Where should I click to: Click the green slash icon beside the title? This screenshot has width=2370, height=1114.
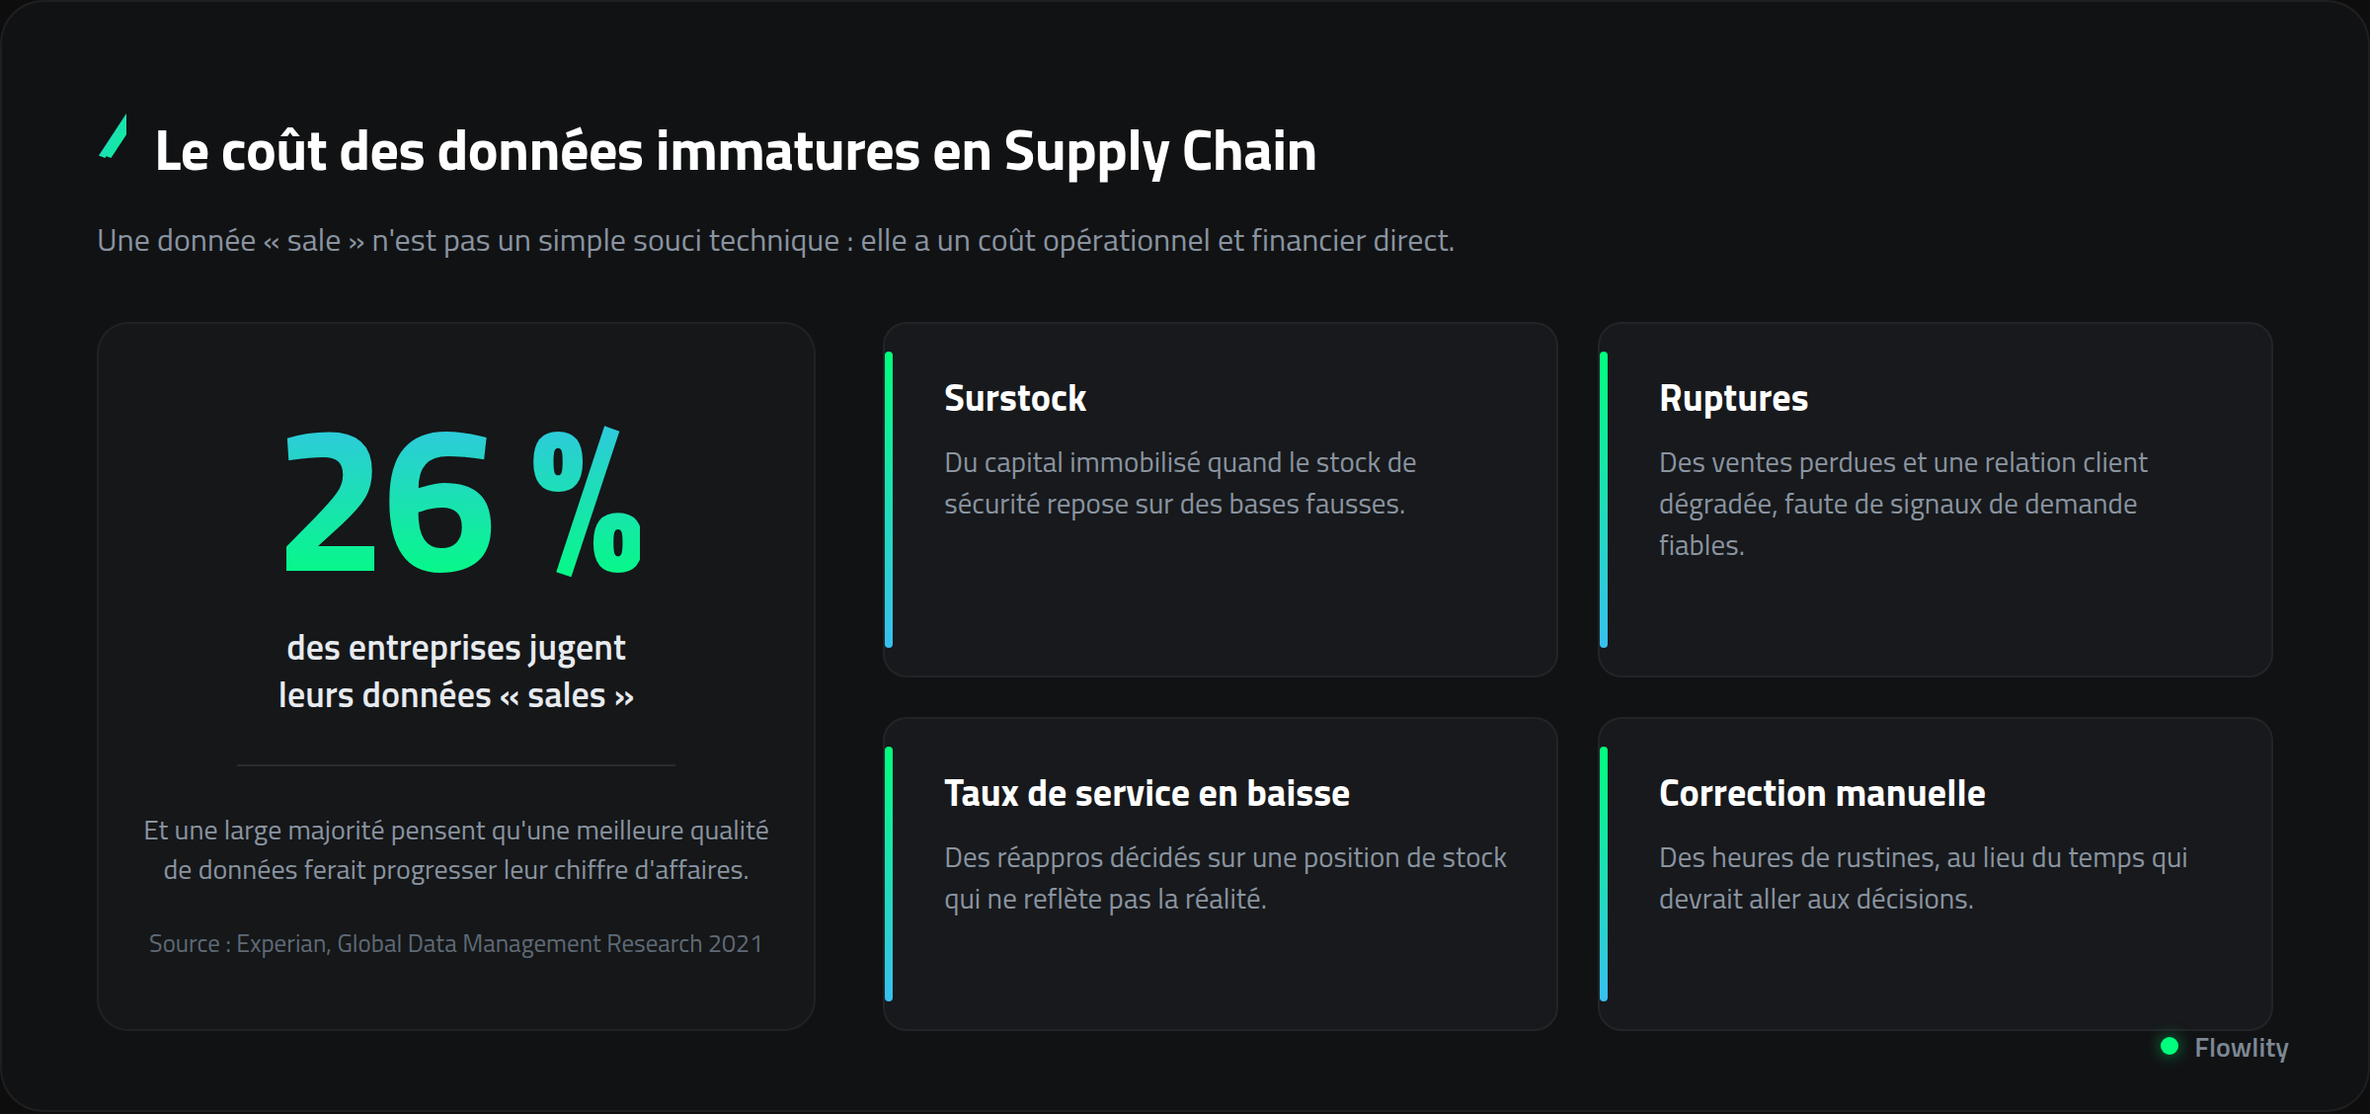[114, 136]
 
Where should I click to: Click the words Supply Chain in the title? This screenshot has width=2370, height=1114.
[1160, 153]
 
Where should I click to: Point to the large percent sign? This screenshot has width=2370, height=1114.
[587, 502]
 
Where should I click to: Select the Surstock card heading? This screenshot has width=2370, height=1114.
[1015, 398]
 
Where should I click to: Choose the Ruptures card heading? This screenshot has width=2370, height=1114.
[1734, 399]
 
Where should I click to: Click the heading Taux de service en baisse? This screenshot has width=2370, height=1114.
[1146, 793]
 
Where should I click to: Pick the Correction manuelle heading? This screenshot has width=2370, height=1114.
[1822, 793]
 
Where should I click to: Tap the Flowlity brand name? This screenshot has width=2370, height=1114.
[2242, 1048]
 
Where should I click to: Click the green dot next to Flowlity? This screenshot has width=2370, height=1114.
[2170, 1046]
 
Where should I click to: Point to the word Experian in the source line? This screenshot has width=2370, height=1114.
[282, 944]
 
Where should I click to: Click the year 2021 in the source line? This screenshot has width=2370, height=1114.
[736, 944]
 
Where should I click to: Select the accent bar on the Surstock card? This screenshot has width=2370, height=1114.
[889, 500]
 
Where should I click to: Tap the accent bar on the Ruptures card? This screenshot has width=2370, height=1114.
[1604, 500]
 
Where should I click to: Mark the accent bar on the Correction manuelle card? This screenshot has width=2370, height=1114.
[1604, 874]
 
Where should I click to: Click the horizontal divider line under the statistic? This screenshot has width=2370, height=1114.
[456, 764]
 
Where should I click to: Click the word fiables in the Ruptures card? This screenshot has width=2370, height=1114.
[1701, 545]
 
